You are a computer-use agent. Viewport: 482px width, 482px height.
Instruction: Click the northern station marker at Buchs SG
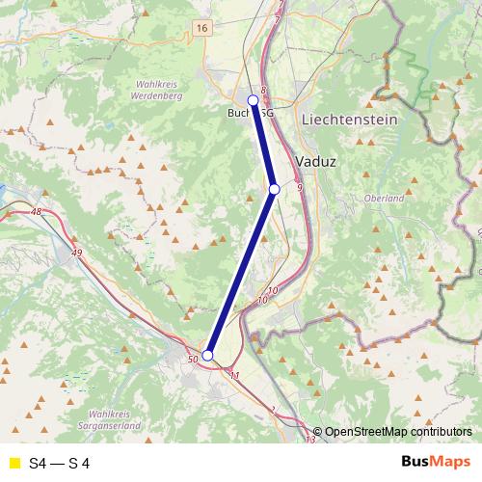point(254,100)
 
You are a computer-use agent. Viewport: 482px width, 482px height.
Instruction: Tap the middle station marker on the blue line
point(275,190)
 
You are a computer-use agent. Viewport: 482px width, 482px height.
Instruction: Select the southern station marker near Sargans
point(207,355)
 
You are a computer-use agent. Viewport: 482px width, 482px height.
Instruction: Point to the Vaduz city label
point(317,161)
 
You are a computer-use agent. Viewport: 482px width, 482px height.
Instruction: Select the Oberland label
point(384,199)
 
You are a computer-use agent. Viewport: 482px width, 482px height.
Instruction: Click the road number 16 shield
point(201,29)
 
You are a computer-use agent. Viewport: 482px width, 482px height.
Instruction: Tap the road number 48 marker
point(37,211)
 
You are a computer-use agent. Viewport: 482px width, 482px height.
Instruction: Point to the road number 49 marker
point(77,252)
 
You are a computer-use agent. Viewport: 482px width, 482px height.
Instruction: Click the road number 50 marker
point(193,360)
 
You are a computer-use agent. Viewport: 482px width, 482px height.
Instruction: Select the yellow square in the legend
point(13,464)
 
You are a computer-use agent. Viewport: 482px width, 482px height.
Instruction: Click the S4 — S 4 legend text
point(60,464)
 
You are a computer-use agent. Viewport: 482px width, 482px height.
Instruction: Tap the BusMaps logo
point(436,463)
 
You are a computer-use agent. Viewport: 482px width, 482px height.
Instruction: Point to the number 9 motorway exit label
point(300,187)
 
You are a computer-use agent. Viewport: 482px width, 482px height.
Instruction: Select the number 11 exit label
point(233,374)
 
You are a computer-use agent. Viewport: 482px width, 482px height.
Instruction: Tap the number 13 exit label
point(309,440)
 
